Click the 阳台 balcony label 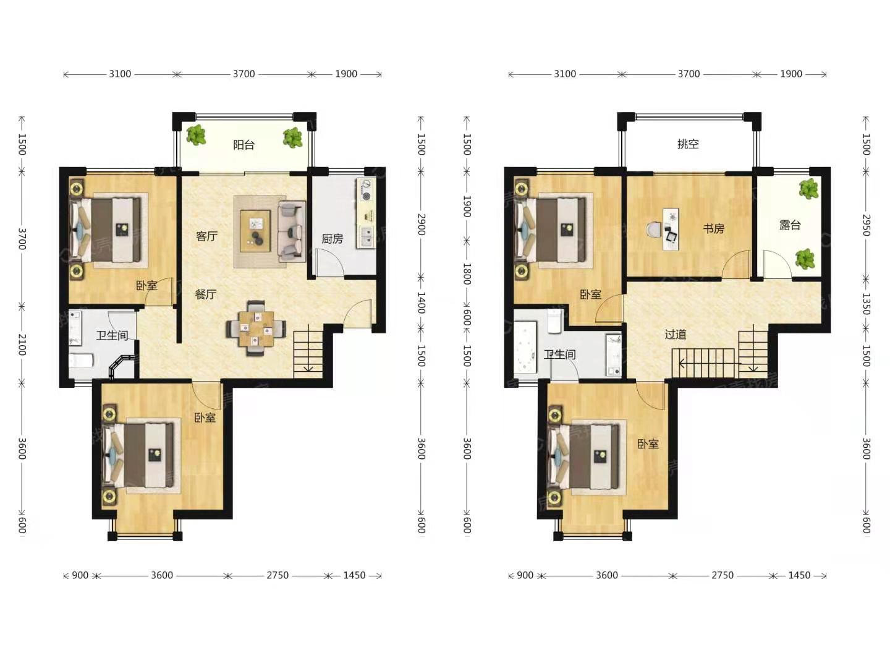(x=244, y=145)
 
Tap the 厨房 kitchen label (x=332, y=239)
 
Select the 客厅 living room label (x=207, y=236)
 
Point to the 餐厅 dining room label (x=206, y=294)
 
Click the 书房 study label (x=713, y=229)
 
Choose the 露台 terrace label (x=790, y=225)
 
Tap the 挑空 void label (x=688, y=144)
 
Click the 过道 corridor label (x=676, y=335)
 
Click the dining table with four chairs (x=256, y=328)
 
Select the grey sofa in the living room (x=292, y=231)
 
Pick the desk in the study (x=671, y=229)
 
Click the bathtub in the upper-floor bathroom (x=525, y=348)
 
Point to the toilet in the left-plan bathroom (x=81, y=360)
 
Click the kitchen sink (x=366, y=236)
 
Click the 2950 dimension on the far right (x=866, y=225)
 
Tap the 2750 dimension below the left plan (x=278, y=575)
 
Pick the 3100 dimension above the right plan (x=565, y=74)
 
